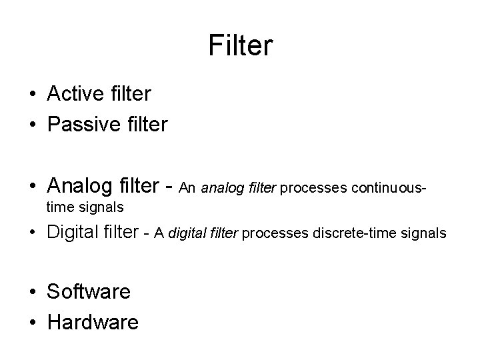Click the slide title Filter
pyautogui.click(x=240, y=46)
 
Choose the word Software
pyautogui.click(x=89, y=291)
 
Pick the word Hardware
pyautogui.click(x=93, y=323)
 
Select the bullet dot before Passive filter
pyautogui.click(x=33, y=124)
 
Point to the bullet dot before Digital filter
pyautogui.click(x=33, y=233)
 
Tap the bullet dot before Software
pyautogui.click(x=33, y=292)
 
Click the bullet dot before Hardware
pyautogui.click(x=33, y=323)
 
